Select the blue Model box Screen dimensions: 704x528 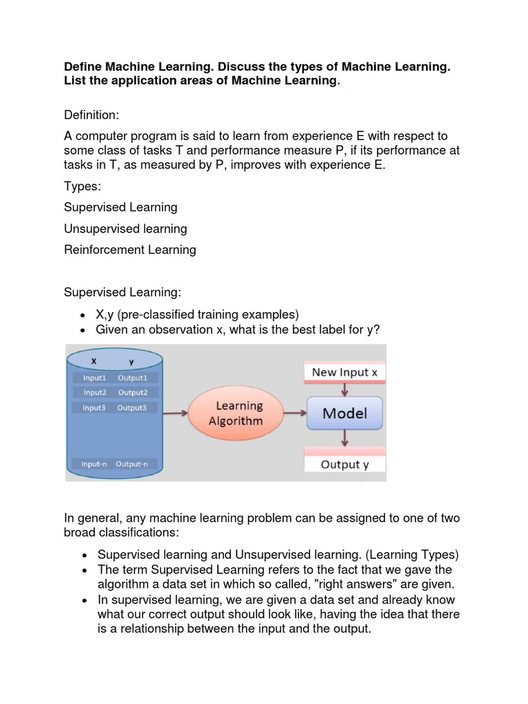coord(344,413)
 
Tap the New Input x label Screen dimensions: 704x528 coord(344,372)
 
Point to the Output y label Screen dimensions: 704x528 coord(344,464)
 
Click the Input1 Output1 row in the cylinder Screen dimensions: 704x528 coord(115,377)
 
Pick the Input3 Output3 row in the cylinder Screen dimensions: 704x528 coord(115,408)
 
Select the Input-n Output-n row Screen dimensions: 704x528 coord(115,464)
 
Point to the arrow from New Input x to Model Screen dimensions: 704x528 coord(344,388)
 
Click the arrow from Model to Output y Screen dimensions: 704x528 coord(344,437)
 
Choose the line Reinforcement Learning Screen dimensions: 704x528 coord(130,250)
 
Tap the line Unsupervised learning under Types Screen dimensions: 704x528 coord(125,228)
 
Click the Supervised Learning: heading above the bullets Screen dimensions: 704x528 coord(122,292)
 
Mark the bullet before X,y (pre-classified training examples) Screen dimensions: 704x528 coord(82,315)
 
